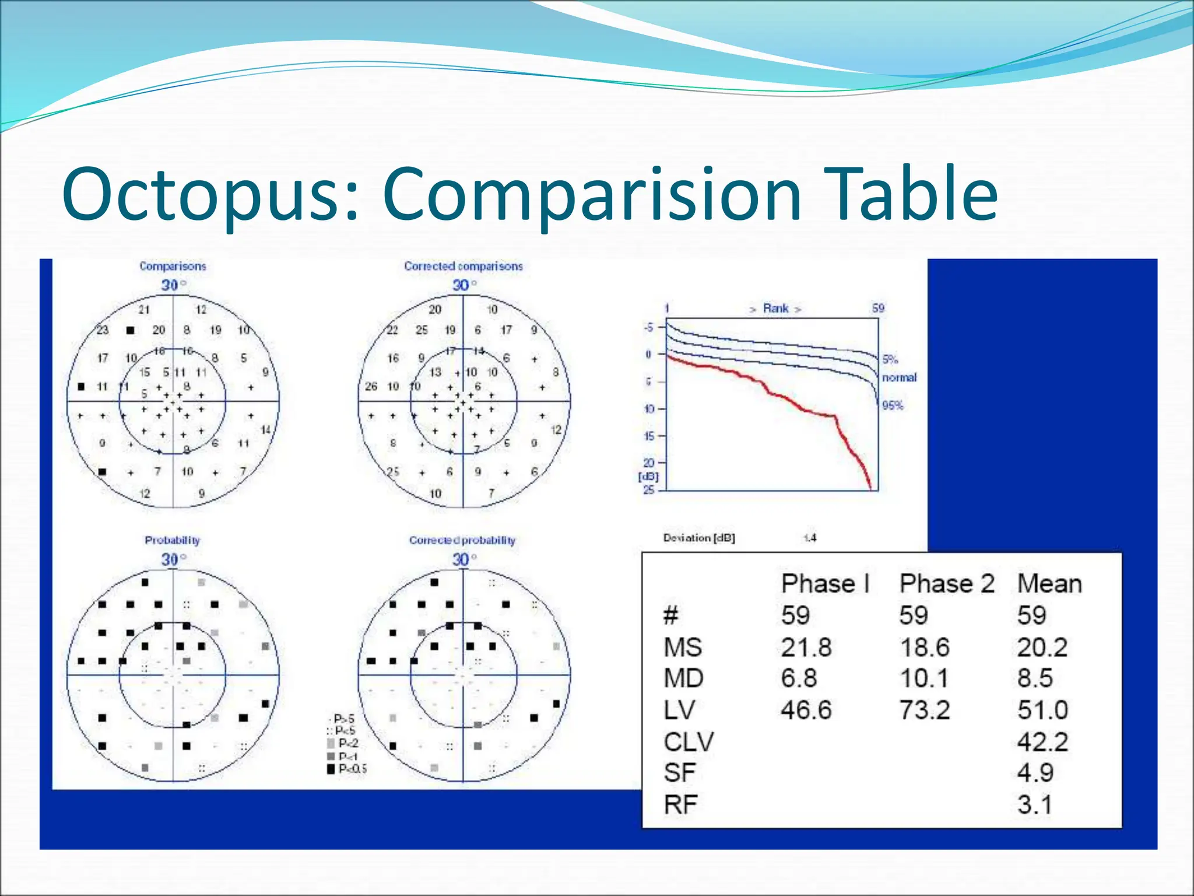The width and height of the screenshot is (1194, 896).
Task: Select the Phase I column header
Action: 825,584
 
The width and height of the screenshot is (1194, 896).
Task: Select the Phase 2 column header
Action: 946,584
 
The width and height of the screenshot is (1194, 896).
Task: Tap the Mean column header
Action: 1049,584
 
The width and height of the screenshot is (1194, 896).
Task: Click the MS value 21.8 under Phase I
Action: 806,647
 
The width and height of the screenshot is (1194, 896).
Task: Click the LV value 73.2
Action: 925,710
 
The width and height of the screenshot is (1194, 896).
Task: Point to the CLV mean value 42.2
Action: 1042,742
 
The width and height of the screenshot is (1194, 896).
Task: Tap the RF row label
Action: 680,805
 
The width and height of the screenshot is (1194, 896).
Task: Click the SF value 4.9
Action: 1035,773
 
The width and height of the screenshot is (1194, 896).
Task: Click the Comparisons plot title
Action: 173,266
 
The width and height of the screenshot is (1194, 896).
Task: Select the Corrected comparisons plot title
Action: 463,266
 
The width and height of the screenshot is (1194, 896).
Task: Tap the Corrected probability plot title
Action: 462,540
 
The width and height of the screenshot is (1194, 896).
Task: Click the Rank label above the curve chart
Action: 775,309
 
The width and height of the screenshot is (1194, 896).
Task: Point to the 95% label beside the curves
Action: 892,405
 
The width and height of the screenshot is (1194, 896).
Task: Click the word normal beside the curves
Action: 899,377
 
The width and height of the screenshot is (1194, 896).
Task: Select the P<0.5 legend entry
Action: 348,769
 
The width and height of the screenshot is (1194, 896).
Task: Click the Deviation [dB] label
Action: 699,538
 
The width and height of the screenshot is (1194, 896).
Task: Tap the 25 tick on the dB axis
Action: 648,490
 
